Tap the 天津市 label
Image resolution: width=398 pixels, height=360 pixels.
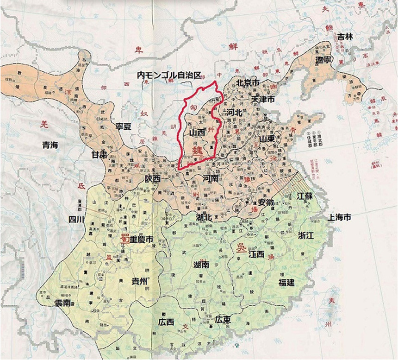pos(263,99)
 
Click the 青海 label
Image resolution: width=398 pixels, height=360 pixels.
pos(49,145)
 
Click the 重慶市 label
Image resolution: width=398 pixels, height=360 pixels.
pos(141,240)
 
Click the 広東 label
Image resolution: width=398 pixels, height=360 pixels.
pos(223,319)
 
